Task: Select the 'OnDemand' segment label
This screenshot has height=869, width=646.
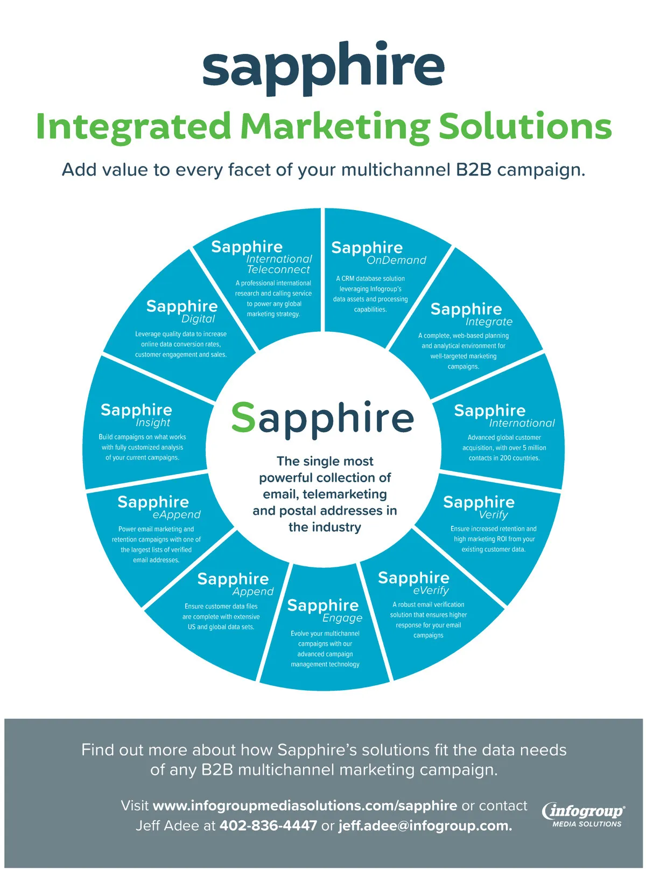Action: pyautogui.click(x=396, y=260)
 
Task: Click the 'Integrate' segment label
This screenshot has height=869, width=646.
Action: pyautogui.click(x=489, y=322)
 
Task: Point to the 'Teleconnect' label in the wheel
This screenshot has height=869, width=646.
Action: pyautogui.click(x=278, y=269)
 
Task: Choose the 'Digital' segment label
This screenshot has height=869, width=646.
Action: pyautogui.click(x=198, y=319)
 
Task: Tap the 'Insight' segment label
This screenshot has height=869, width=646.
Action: pyautogui.click(x=153, y=423)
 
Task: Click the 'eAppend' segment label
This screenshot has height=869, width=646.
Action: pyautogui.click(x=177, y=515)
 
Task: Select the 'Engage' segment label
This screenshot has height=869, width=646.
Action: pyautogui.click(x=342, y=618)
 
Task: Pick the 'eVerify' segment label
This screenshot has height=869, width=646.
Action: pyautogui.click(x=431, y=590)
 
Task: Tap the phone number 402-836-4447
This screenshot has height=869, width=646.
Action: pyautogui.click(x=268, y=825)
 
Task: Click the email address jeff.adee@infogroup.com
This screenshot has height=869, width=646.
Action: pyautogui.click(x=425, y=825)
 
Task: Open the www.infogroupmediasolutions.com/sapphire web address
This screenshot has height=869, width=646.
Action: pyautogui.click(x=305, y=805)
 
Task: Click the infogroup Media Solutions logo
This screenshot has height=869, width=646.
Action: pyautogui.click(x=585, y=815)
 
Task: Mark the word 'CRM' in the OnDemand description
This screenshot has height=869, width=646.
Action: pyautogui.click(x=348, y=279)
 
